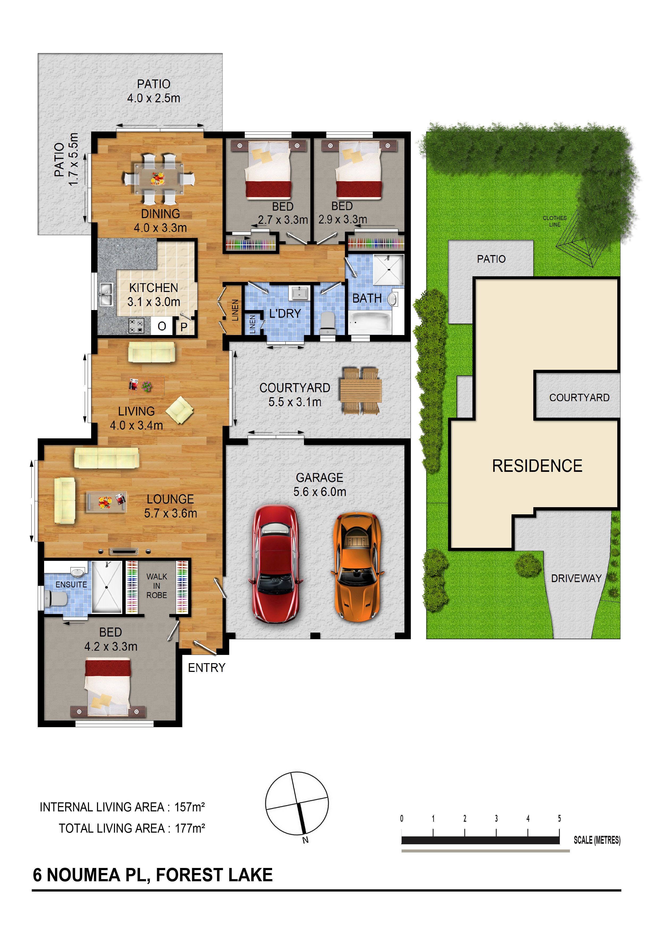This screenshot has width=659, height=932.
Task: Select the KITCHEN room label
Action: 154,288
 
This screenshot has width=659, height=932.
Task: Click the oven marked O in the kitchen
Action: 162,326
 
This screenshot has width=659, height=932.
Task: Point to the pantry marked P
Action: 184,327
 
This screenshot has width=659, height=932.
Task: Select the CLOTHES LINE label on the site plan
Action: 555,221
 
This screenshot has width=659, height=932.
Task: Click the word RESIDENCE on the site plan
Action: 537,466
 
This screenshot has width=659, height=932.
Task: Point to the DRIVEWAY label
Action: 576,578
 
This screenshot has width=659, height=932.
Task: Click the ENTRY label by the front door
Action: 207,668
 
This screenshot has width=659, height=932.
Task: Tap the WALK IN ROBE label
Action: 157,586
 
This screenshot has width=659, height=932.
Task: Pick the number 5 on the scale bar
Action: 560,818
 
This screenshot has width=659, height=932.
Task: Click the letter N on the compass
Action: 305,840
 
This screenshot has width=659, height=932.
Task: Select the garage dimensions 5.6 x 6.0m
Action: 320,492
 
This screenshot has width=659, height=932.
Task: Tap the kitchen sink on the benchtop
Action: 106,294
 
